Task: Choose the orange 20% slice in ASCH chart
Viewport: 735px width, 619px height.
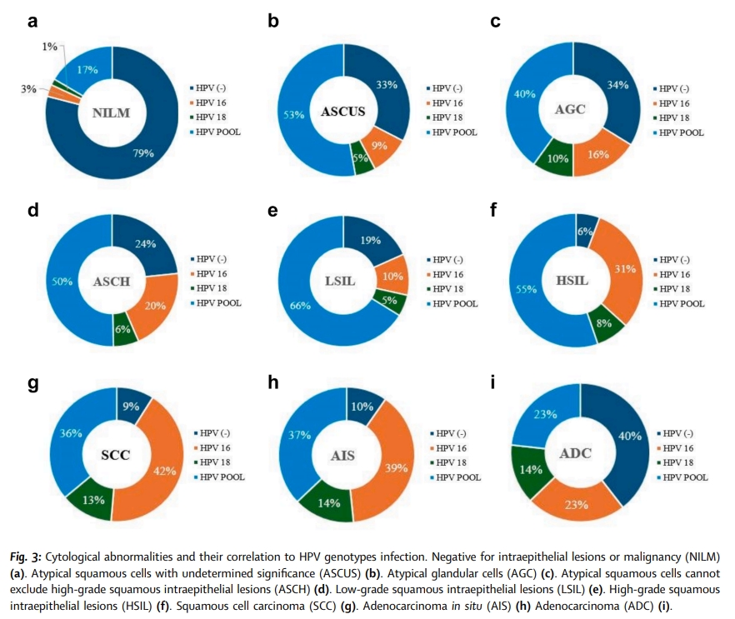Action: pos(156,307)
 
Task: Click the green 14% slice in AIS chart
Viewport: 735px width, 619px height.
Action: pos(316,502)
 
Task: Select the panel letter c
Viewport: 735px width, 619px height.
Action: pos(496,21)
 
